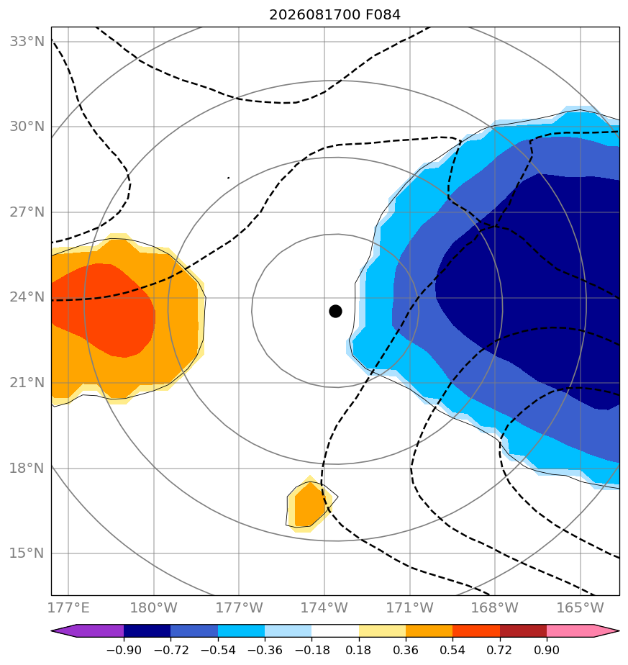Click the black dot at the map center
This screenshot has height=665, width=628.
coord(335,312)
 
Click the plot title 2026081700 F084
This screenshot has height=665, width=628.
coord(335,15)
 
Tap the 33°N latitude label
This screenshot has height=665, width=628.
coord(27,42)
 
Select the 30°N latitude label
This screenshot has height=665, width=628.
coord(27,127)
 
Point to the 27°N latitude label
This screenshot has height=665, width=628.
coord(27,212)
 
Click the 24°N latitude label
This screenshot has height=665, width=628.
coord(27,297)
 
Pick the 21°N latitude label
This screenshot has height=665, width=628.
coord(27,383)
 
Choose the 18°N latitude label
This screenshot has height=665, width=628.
coord(27,469)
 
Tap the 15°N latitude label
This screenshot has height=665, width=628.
coord(27,553)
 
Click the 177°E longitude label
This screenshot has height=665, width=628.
coord(68,607)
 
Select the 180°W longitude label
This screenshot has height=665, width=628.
coord(153,607)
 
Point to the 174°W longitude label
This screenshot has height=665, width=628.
coord(324,607)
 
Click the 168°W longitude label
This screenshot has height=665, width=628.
coord(494,607)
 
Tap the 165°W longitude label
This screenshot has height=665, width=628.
coord(580,607)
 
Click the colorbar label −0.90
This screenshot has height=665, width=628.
coord(124,650)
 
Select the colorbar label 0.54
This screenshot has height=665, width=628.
coord(453,650)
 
